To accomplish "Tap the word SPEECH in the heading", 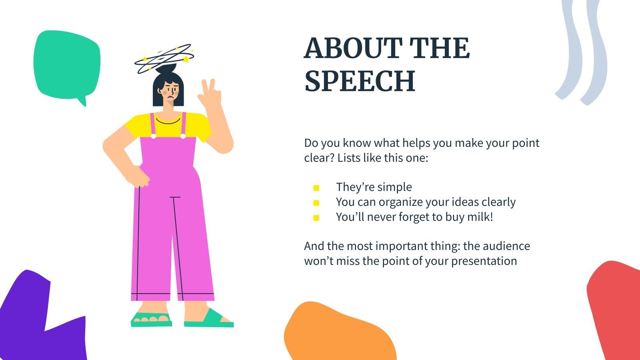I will [360, 81].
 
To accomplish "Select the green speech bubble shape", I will [66, 64].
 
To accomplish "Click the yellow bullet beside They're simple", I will [316, 188].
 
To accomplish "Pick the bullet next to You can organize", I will [316, 203].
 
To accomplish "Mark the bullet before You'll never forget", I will [316, 218].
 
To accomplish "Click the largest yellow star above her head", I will [186, 60].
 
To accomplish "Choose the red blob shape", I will [616, 308].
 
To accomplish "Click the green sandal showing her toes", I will [151, 319].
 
